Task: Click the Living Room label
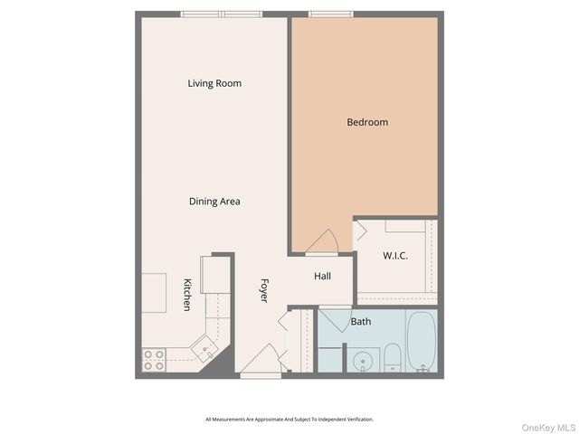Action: [214, 84]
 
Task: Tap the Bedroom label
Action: [367, 122]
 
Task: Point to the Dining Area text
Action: [214, 202]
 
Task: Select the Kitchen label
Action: [187, 295]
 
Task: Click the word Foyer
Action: [264, 289]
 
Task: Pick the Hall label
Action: [323, 276]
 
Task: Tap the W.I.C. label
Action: [395, 256]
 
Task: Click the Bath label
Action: [361, 321]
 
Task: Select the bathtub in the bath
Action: [421, 341]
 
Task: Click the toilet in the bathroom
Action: [393, 358]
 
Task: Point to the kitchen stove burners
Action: [154, 360]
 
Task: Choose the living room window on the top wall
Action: [222, 14]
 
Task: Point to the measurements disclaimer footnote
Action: [289, 419]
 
